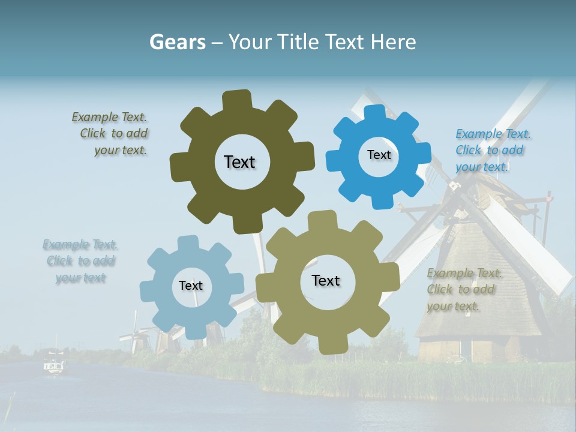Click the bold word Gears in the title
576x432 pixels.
(x=177, y=42)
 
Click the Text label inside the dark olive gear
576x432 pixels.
(x=239, y=162)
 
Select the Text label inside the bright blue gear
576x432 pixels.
(x=379, y=155)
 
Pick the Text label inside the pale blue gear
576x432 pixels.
(x=191, y=286)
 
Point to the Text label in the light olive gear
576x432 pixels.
(x=326, y=280)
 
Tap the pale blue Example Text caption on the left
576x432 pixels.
(x=80, y=261)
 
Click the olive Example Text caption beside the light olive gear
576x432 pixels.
(x=461, y=290)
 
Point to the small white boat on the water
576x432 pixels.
(x=55, y=365)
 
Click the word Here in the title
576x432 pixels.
(x=394, y=42)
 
